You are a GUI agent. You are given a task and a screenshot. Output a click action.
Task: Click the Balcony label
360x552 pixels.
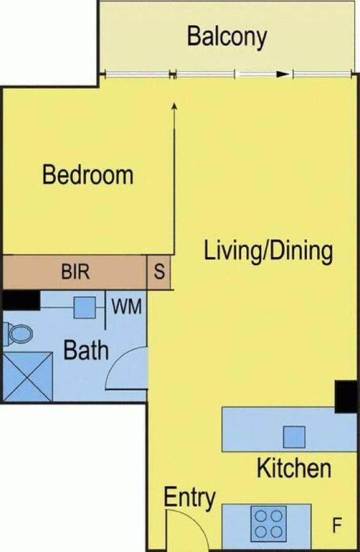(227, 37)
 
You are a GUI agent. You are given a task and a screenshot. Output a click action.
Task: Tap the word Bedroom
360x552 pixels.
(88, 175)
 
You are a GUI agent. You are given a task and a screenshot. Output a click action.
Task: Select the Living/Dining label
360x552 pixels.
(269, 251)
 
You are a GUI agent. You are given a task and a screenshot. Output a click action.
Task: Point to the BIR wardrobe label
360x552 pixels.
(75, 272)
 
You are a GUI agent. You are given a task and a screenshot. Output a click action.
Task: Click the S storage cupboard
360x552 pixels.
(159, 272)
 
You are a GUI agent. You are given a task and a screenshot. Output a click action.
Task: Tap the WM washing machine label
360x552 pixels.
(127, 306)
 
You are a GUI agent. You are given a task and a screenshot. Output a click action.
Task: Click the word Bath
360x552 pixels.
(86, 350)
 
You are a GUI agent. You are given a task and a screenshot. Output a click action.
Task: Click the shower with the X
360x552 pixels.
(28, 377)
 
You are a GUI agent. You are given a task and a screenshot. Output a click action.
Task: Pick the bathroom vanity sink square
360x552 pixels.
(85, 307)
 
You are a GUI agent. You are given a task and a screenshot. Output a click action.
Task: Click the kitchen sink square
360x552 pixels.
(294, 437)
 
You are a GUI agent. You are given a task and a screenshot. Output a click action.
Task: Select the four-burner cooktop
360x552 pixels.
(269, 524)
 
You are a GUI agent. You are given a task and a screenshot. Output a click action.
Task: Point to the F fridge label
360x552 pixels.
(337, 526)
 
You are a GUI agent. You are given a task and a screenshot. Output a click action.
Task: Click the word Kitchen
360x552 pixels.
(294, 467)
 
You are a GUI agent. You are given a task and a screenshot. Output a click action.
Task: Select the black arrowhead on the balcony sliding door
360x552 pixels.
(283, 74)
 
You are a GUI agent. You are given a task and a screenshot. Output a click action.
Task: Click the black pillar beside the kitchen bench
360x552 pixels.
(346, 396)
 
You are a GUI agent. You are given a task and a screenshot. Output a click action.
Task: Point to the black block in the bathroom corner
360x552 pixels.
(21, 301)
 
